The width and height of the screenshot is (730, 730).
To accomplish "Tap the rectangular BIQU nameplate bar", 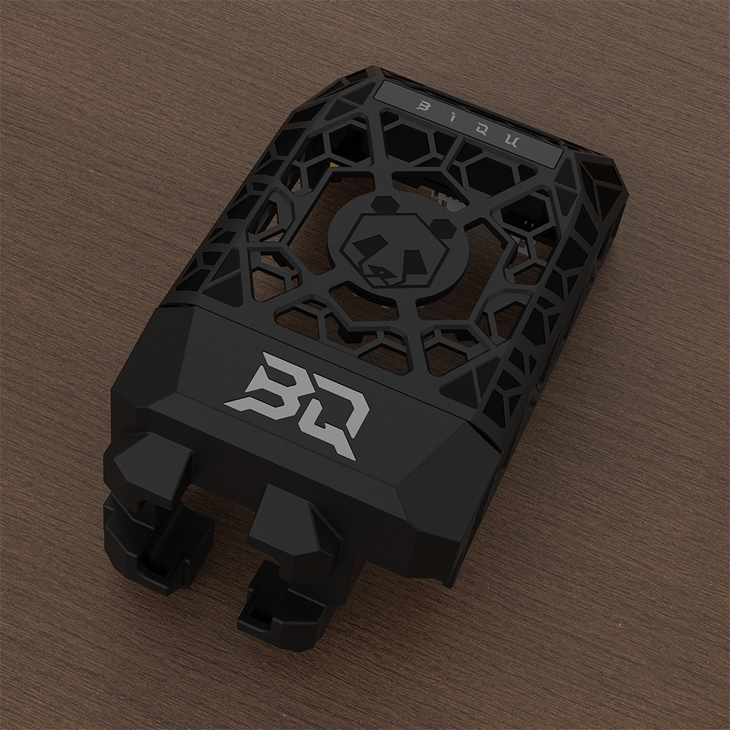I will click(x=467, y=120).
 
